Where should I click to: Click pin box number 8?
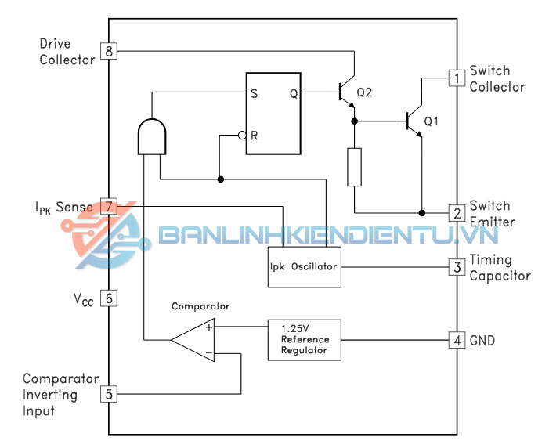pyautogui.click(x=109, y=52)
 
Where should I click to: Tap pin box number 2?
pyautogui.click(x=455, y=213)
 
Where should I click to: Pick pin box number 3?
pyautogui.click(x=455, y=267)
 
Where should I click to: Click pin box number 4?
pyautogui.click(x=455, y=341)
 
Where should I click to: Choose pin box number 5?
pyautogui.click(x=109, y=394)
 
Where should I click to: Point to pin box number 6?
pyautogui.click(x=109, y=298)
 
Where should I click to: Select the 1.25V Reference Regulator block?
pyautogui.click(x=305, y=340)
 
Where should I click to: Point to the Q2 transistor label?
pyautogui.click(x=364, y=92)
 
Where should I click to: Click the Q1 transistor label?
pyautogui.click(x=432, y=121)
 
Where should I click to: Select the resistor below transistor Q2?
pyautogui.click(x=355, y=166)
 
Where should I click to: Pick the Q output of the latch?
pyautogui.click(x=293, y=92)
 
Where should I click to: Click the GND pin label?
pyautogui.click(x=482, y=341)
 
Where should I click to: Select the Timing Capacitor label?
pyautogui.click(x=500, y=267)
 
